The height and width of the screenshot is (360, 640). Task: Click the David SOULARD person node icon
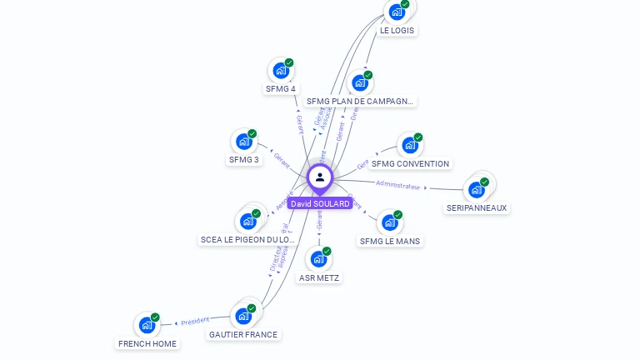coord(320,177)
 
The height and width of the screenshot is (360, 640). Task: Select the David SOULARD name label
coord(320,203)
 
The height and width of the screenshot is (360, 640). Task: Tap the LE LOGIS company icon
coord(397,12)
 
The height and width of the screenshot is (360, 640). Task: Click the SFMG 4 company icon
coord(281,71)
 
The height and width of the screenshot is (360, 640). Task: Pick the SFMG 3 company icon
coord(243,142)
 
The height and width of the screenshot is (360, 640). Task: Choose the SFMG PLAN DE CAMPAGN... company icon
coord(359,83)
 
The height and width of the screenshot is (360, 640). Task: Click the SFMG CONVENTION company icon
coord(409,145)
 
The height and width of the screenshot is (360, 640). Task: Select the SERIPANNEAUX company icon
coord(477,189)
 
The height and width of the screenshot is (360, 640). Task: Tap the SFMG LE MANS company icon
coord(389,223)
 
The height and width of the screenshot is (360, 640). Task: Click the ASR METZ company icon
coord(318,259)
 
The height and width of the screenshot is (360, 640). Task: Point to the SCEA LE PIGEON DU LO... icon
coord(247,222)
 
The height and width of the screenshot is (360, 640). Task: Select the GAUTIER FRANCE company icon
coord(243,316)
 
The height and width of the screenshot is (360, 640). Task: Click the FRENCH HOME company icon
coord(147,325)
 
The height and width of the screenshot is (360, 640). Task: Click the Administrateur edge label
coord(397,185)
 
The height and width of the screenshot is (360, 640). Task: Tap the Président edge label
coord(195,321)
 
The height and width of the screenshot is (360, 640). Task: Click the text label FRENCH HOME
coord(147,343)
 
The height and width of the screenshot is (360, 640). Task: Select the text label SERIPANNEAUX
coord(477,207)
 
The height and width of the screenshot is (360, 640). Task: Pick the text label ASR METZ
coord(319,277)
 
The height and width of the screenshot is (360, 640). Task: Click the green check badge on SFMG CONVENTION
coord(418,137)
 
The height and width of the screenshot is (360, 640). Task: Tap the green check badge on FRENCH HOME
coord(155,317)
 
